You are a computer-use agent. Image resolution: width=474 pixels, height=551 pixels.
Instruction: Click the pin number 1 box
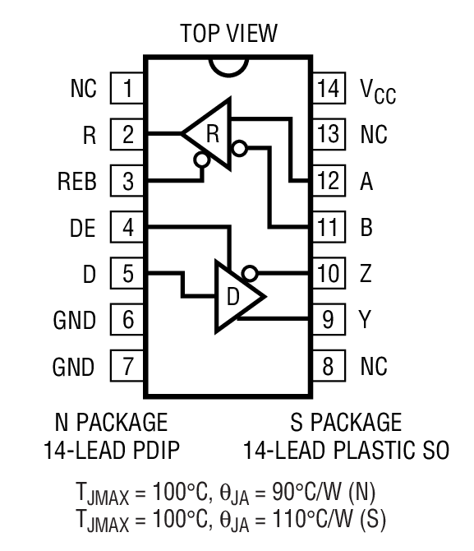(x=127, y=88)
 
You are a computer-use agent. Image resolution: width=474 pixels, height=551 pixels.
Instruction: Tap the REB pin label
(x=76, y=181)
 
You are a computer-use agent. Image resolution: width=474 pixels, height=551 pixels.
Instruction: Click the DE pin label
(x=82, y=227)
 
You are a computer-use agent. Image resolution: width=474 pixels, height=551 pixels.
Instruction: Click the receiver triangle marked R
(x=209, y=131)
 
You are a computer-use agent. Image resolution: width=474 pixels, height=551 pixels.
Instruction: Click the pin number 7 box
(x=127, y=365)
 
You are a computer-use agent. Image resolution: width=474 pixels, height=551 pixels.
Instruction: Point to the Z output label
(x=366, y=273)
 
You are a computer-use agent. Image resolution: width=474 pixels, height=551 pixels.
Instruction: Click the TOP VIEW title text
(x=228, y=34)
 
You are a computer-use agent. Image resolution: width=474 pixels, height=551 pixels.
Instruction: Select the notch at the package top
(x=228, y=64)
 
